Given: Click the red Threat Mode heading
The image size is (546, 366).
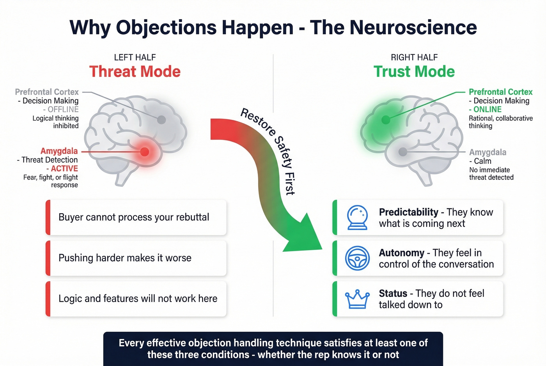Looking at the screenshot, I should (135, 72).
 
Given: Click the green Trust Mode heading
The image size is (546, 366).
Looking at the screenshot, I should (414, 72).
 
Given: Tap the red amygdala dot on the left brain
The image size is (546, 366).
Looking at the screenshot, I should (145, 152).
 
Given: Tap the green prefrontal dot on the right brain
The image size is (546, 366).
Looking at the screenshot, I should (386, 120).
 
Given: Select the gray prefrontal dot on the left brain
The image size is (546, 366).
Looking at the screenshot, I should (161, 120).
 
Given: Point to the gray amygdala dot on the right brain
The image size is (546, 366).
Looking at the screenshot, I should (403, 152).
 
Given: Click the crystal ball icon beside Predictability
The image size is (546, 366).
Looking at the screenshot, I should (357, 217).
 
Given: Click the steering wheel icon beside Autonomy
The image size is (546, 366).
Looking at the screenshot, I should (357, 258).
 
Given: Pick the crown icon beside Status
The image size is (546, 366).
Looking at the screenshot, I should (357, 299).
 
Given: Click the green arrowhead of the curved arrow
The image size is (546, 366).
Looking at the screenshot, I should (306, 234).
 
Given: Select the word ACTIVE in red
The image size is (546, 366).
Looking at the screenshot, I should (64, 168).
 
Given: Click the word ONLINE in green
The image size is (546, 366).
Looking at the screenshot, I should (487, 110).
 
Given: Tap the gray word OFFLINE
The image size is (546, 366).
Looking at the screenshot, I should (63, 110).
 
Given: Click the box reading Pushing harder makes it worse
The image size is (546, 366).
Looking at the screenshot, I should (136, 258).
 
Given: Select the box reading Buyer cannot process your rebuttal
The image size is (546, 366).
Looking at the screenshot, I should (136, 217).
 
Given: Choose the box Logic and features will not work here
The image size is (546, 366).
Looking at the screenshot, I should (136, 299).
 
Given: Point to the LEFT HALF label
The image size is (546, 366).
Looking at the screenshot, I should (135, 57).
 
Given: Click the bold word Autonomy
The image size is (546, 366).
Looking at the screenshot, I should (401, 253).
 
